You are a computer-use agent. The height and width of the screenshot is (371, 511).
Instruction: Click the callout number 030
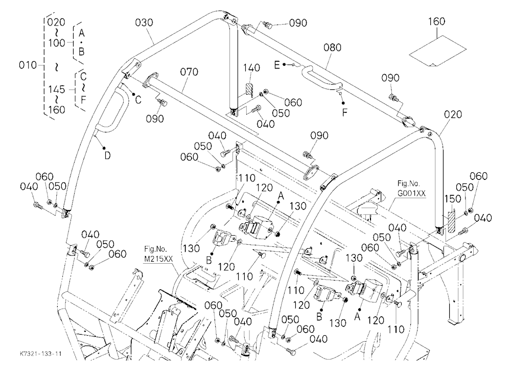point(144,22)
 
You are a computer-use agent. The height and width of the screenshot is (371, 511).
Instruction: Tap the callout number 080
point(333,48)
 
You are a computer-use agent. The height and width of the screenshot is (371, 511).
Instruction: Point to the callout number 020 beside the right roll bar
point(453,114)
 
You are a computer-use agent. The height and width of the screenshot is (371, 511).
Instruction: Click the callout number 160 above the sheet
point(436,21)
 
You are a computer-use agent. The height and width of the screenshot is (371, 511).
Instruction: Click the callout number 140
point(252,68)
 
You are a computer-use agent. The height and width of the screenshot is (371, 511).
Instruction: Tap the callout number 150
point(453,199)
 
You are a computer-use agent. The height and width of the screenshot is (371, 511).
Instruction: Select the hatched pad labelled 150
point(451,222)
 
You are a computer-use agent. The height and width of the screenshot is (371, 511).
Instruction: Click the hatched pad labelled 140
point(249,90)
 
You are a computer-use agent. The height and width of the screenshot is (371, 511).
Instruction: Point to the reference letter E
point(277,65)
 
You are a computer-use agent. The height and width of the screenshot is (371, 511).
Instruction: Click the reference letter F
point(345,113)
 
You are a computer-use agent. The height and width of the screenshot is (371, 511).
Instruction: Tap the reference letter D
point(107,156)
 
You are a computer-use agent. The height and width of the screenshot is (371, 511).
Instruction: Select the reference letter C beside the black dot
point(138,100)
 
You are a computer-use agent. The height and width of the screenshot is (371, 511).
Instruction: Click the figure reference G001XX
point(411,193)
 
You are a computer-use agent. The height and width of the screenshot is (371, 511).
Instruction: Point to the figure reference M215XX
point(158,259)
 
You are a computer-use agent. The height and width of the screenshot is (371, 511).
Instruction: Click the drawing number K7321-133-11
point(41,354)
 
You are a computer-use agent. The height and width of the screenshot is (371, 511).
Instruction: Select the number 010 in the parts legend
point(28,65)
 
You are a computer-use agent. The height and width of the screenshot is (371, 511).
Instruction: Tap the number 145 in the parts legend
point(57,89)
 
